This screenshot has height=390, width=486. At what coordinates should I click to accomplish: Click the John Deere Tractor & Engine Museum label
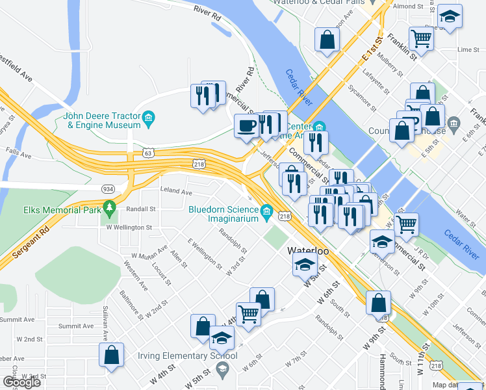pyautogui.click(x=102, y=121)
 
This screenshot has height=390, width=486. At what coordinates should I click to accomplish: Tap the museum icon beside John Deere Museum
pyautogui.click(x=149, y=118)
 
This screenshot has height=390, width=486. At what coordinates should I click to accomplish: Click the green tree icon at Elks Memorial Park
pyautogui.click(x=110, y=208)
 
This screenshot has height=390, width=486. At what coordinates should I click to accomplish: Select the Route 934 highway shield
pyautogui.click(x=109, y=188)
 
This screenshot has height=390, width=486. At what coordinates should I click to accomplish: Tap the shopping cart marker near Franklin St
pyautogui.click(x=422, y=38)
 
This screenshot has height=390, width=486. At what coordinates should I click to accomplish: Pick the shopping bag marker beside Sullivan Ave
pyautogui.click(x=111, y=356)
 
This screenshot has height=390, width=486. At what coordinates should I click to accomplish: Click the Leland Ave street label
pyautogui.click(x=176, y=192)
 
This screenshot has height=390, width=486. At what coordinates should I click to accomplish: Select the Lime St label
pyautogui.click(x=468, y=49)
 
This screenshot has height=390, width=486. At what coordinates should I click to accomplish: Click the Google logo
pyautogui.click(x=21, y=382)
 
